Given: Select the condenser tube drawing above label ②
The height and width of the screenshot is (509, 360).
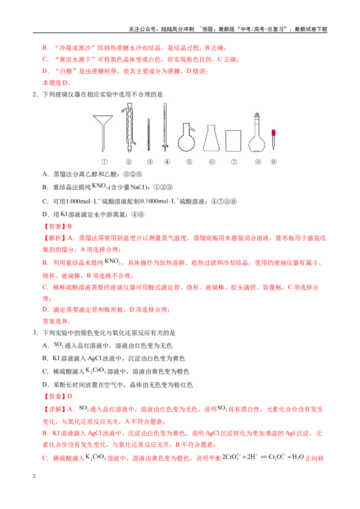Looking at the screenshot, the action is click(129, 128).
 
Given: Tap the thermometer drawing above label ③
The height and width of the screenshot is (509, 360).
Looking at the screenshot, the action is click(149, 134).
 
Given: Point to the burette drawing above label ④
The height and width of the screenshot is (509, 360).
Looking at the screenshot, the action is click(166, 127).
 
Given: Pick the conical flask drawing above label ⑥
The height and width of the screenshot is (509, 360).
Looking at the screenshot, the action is click(211, 138).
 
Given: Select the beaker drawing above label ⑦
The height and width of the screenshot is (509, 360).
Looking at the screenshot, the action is click(233, 141).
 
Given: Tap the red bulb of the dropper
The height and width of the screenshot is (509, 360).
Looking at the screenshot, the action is click(274, 133).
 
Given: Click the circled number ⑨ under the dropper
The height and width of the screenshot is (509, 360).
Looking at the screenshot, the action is click(274, 162).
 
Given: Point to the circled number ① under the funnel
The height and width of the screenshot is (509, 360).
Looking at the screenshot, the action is click(104, 162).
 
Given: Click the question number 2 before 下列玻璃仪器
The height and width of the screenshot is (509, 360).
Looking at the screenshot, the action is click(35, 94).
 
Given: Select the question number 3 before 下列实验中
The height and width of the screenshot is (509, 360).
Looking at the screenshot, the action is click(35, 333).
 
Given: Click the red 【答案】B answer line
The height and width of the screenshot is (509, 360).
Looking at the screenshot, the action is click(57, 226).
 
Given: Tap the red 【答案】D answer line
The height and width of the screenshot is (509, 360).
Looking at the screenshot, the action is click(57, 396).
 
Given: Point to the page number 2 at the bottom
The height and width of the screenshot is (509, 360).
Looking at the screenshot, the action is click(34, 476).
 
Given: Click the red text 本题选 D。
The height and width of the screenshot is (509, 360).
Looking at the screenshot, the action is click(57, 83).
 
